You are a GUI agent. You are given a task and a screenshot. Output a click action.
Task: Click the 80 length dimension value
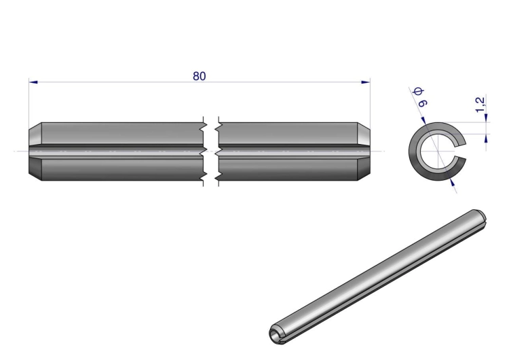pos(200,76)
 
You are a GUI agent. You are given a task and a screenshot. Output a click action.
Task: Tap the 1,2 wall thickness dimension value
pos(480,105)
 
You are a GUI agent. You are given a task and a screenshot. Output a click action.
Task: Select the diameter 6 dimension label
pos(420,97)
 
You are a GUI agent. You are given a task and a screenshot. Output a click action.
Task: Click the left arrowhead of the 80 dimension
pos(33,82)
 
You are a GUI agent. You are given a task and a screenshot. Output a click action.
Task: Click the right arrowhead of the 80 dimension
pos(366,82)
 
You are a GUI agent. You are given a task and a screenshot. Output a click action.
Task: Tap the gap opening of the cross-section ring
pos(461,151)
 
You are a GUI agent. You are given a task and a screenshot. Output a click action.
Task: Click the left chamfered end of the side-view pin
pos(35,151)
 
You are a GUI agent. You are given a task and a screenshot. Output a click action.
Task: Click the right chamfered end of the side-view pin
pos(364,151)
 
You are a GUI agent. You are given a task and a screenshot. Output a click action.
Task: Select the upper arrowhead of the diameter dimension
pos(423,120)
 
